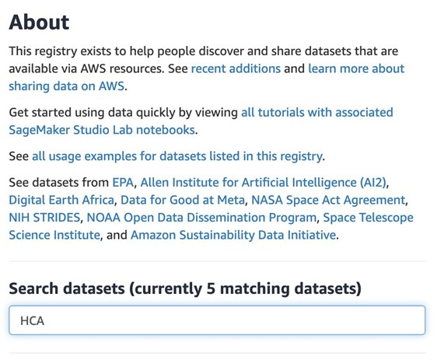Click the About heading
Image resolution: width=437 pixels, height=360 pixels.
click(39, 23)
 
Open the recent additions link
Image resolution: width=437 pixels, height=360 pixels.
click(236, 68)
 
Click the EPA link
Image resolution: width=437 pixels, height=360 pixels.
click(123, 183)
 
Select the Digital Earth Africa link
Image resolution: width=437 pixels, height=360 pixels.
click(61, 200)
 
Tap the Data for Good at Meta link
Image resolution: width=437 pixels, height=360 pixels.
click(183, 200)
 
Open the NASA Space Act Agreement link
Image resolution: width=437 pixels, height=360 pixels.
click(328, 200)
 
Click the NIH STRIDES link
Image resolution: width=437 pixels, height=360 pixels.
click(44, 218)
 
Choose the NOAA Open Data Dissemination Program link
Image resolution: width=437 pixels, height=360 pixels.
click(201, 218)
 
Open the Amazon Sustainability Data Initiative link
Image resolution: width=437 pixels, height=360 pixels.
click(233, 235)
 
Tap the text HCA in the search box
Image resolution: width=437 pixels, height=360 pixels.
click(33, 321)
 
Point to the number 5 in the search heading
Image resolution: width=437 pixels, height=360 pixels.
click(211, 288)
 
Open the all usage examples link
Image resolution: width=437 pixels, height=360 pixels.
click(177, 156)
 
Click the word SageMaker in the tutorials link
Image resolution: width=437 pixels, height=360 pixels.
click(40, 130)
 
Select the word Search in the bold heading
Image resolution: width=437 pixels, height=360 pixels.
click(32, 288)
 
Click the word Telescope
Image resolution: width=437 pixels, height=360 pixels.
click(387, 218)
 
